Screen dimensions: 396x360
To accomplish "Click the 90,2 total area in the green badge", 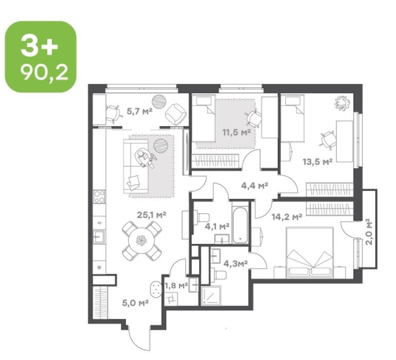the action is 44,73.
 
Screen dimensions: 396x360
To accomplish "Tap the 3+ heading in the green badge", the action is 40,46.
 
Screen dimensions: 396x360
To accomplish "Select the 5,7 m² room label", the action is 140,111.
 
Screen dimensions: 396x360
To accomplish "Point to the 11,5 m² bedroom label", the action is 237,132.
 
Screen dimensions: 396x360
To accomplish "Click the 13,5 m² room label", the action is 317,161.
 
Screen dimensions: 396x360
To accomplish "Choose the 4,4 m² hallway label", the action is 255,186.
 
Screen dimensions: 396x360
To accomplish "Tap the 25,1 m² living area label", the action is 152,215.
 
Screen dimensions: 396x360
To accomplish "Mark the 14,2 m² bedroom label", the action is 287,217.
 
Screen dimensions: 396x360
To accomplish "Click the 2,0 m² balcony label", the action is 369,231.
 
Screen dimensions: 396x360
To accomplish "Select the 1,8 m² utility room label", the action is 176,286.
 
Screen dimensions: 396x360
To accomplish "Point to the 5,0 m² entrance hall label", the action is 135,302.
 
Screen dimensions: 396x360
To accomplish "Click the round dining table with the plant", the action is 141,240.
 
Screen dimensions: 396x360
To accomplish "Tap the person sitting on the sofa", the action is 144,158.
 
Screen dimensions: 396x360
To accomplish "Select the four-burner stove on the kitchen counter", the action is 99,197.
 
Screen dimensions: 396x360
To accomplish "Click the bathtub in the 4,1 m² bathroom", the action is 240,222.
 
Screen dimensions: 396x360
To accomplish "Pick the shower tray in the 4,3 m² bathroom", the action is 211,296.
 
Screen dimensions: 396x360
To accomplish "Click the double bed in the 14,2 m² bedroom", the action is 310,252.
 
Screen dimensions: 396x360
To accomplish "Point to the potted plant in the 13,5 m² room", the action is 342,102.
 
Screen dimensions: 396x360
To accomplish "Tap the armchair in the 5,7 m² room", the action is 175,114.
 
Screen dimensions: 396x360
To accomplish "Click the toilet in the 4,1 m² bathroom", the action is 202,218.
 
